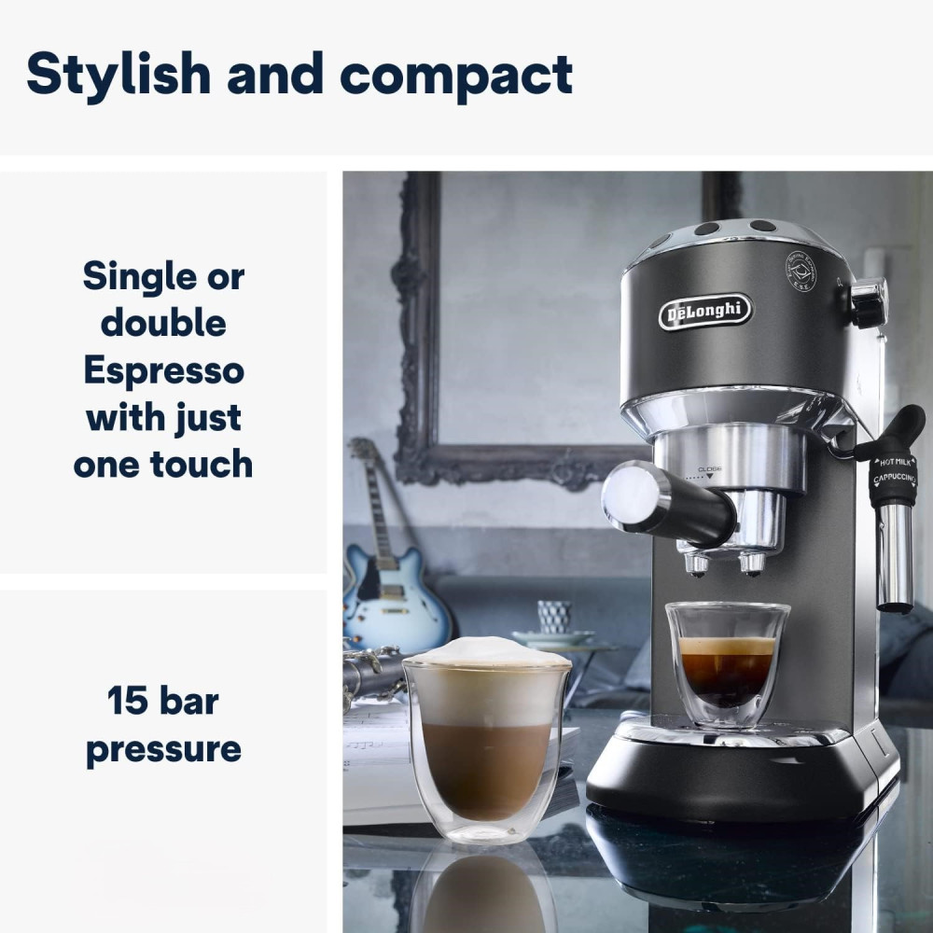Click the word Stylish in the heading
(x=117, y=75)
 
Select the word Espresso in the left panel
(x=163, y=370)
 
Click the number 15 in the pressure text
(x=128, y=700)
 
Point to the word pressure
(x=163, y=748)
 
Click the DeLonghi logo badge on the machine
(x=704, y=312)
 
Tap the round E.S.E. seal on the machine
(x=801, y=271)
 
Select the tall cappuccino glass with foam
(x=486, y=737)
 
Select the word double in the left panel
(x=163, y=324)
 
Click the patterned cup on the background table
(x=554, y=617)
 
